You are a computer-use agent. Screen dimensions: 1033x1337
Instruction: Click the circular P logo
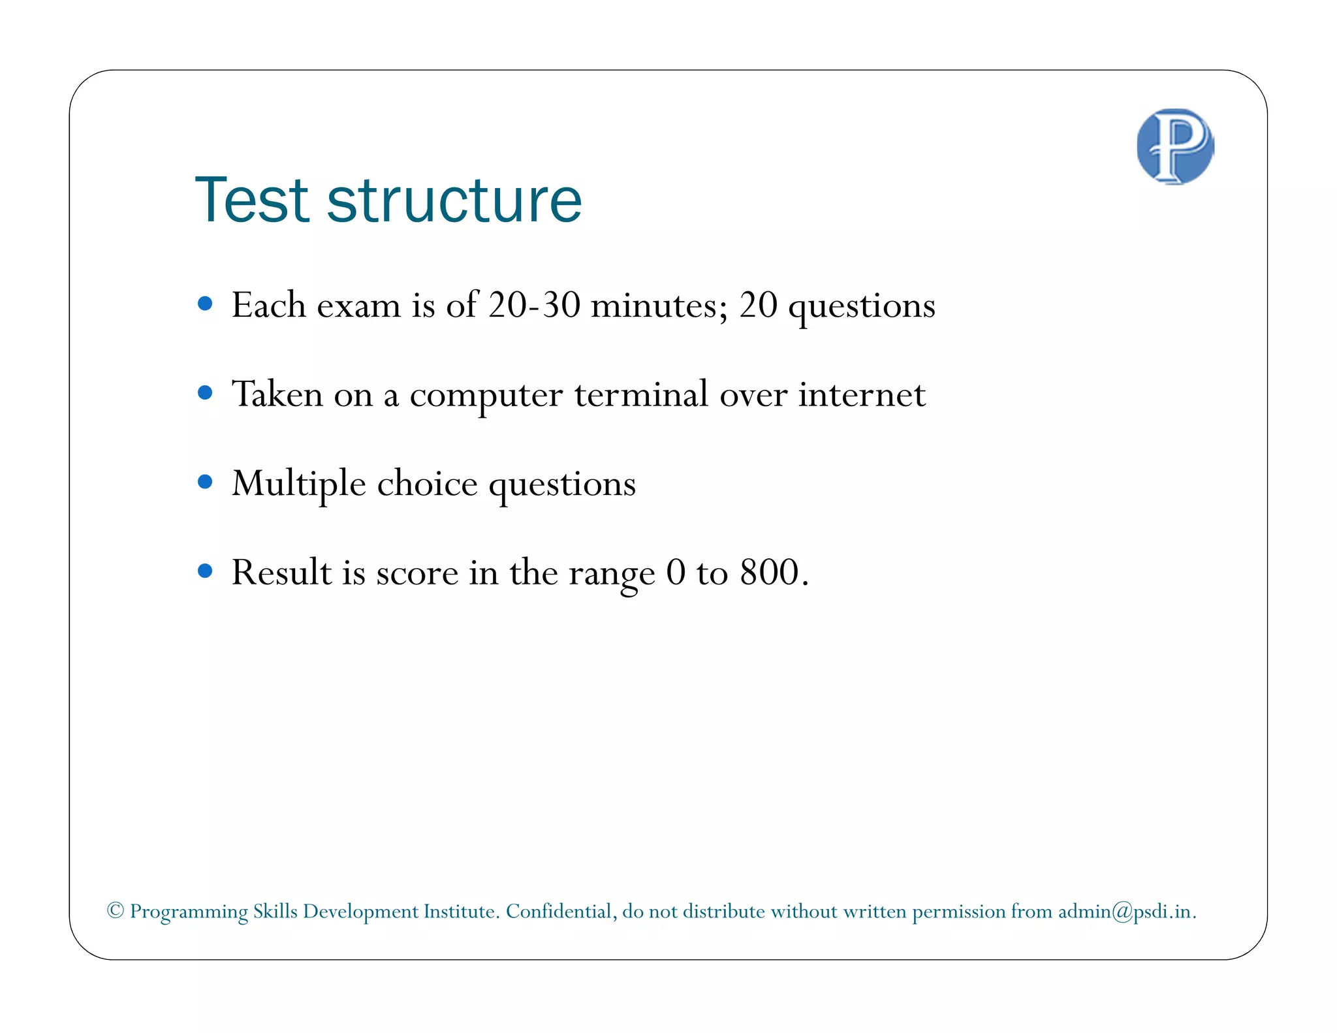1175,146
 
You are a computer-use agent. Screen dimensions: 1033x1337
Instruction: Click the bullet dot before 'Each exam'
205,304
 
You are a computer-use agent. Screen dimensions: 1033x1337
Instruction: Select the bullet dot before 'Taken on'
205,392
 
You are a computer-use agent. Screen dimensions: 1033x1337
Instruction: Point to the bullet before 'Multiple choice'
205,482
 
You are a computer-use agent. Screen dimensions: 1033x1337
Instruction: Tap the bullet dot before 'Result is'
205,571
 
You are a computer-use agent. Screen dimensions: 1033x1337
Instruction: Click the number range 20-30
534,305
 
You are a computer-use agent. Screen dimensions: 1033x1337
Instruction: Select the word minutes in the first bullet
659,305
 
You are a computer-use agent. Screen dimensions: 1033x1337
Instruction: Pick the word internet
862,394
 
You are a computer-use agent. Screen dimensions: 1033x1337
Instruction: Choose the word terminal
641,394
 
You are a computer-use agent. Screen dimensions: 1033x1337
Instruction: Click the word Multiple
299,485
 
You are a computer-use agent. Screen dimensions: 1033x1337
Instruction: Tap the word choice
427,484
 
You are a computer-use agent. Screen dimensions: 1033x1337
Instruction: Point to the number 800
770,573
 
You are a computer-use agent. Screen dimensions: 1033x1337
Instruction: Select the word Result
282,573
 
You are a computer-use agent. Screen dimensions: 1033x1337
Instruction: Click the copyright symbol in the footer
116,910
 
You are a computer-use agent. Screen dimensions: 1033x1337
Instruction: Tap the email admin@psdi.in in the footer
1125,912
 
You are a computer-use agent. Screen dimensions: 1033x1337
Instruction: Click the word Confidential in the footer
561,912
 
